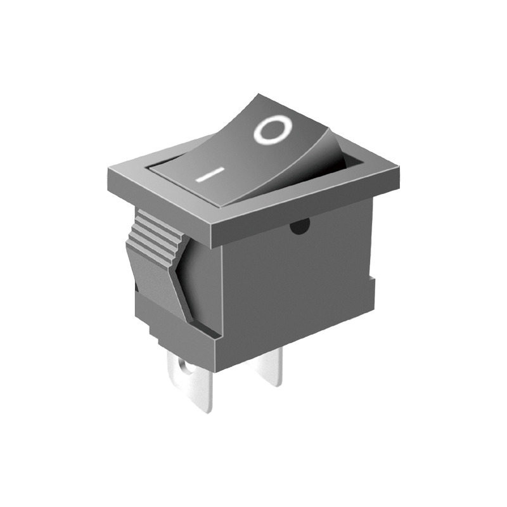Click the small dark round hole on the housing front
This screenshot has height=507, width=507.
(300, 226)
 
